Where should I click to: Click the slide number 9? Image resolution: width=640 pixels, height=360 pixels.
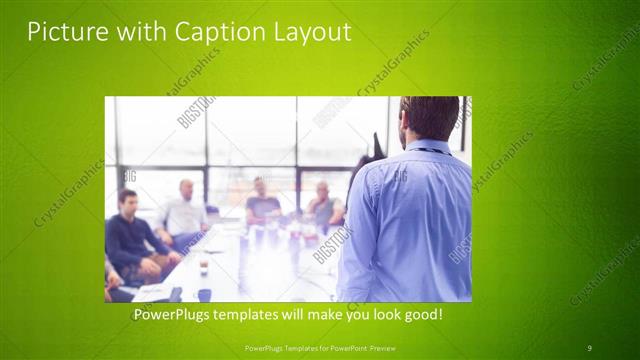click(x=589, y=348)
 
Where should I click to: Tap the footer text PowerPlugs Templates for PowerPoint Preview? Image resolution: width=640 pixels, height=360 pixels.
click(x=320, y=348)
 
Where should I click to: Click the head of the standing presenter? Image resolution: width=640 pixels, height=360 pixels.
click(x=428, y=117)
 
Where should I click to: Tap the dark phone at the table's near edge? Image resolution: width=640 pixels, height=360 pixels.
click(x=176, y=294)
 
